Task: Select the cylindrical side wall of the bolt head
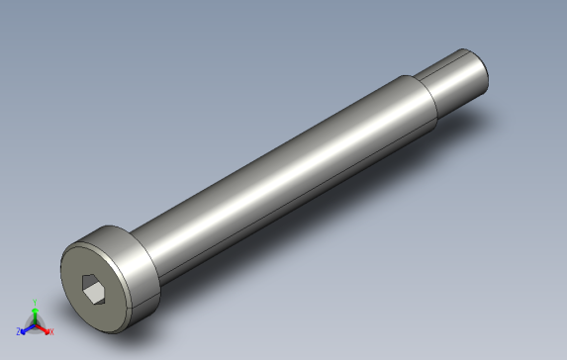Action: (139, 259)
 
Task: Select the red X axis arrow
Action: (45, 328)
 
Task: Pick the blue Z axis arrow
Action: (25, 328)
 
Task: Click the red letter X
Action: (51, 331)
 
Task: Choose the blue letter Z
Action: (18, 331)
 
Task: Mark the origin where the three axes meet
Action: (35, 323)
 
